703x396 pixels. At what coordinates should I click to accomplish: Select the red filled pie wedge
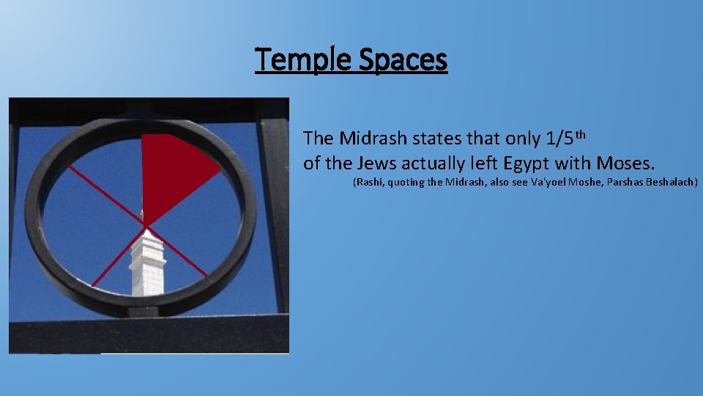coord(172,169)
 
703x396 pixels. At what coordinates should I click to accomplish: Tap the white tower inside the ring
coord(147,264)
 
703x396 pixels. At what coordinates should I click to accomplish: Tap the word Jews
coord(376,162)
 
